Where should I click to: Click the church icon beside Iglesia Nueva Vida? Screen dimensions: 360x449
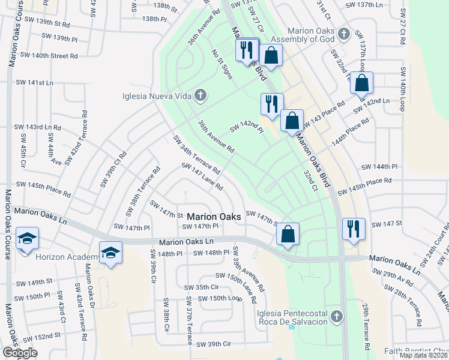tap(199, 95)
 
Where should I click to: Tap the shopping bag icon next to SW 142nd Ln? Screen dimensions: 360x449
tap(361, 83)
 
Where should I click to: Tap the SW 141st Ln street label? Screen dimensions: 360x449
tap(34, 82)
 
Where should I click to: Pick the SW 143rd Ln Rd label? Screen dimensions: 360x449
tap(37, 127)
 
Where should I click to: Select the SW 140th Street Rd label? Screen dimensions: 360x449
tap(49, 56)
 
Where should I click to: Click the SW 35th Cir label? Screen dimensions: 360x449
tap(201, 287)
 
